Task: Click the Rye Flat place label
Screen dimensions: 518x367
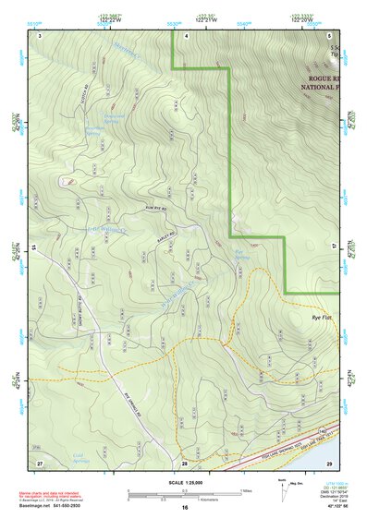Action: pyautogui.click(x=323, y=317)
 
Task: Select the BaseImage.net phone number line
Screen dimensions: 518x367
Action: pyautogui.click(x=56, y=506)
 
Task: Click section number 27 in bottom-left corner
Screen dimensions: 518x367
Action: pyautogui.click(x=39, y=462)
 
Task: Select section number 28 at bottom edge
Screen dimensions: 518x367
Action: pyautogui.click(x=185, y=462)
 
